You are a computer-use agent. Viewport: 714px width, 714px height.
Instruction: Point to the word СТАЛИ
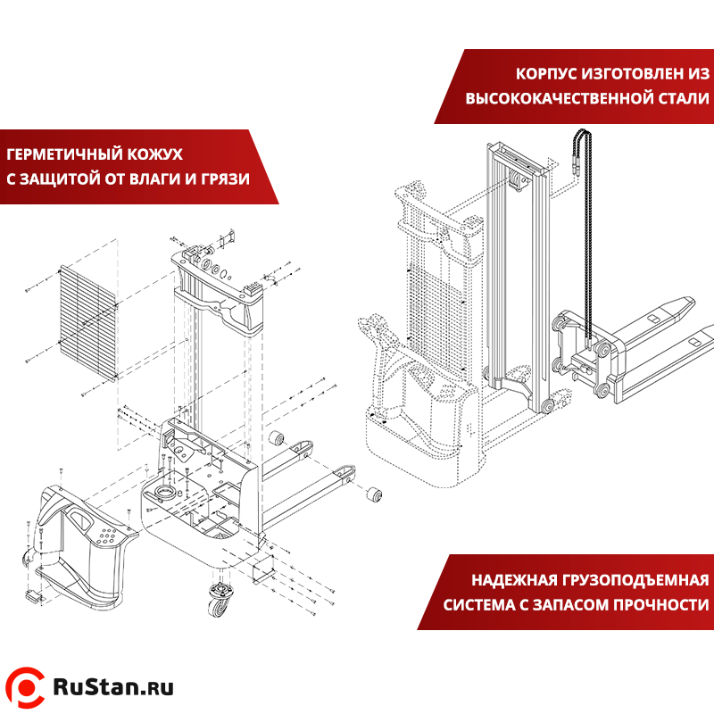pyautogui.click(x=677, y=97)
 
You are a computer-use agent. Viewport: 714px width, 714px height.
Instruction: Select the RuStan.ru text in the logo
pyautogui.click(x=112, y=686)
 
